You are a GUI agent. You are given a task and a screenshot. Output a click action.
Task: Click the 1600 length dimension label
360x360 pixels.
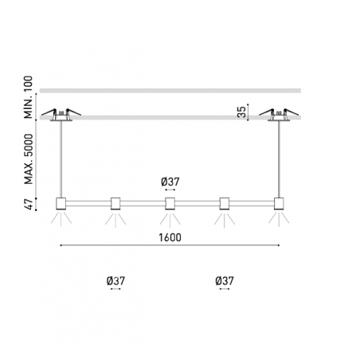point(170,237)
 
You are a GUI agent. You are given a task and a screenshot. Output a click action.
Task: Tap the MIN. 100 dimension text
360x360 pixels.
point(28,97)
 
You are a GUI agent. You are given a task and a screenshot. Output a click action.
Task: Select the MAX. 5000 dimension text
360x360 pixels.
point(29,159)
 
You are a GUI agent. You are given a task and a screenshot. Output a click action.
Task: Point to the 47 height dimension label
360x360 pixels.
point(29,204)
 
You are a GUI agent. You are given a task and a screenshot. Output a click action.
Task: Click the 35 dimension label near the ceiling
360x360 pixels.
point(241,112)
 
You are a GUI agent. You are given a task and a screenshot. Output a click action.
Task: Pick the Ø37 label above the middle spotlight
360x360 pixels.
point(170,182)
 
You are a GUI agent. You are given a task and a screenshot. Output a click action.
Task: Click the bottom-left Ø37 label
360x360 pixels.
point(115,280)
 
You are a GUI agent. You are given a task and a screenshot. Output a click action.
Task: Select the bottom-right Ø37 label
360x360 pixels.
point(225,280)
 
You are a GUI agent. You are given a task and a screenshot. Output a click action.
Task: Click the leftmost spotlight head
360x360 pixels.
point(61,204)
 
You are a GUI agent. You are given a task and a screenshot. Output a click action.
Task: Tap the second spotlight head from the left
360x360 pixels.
point(115,204)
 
